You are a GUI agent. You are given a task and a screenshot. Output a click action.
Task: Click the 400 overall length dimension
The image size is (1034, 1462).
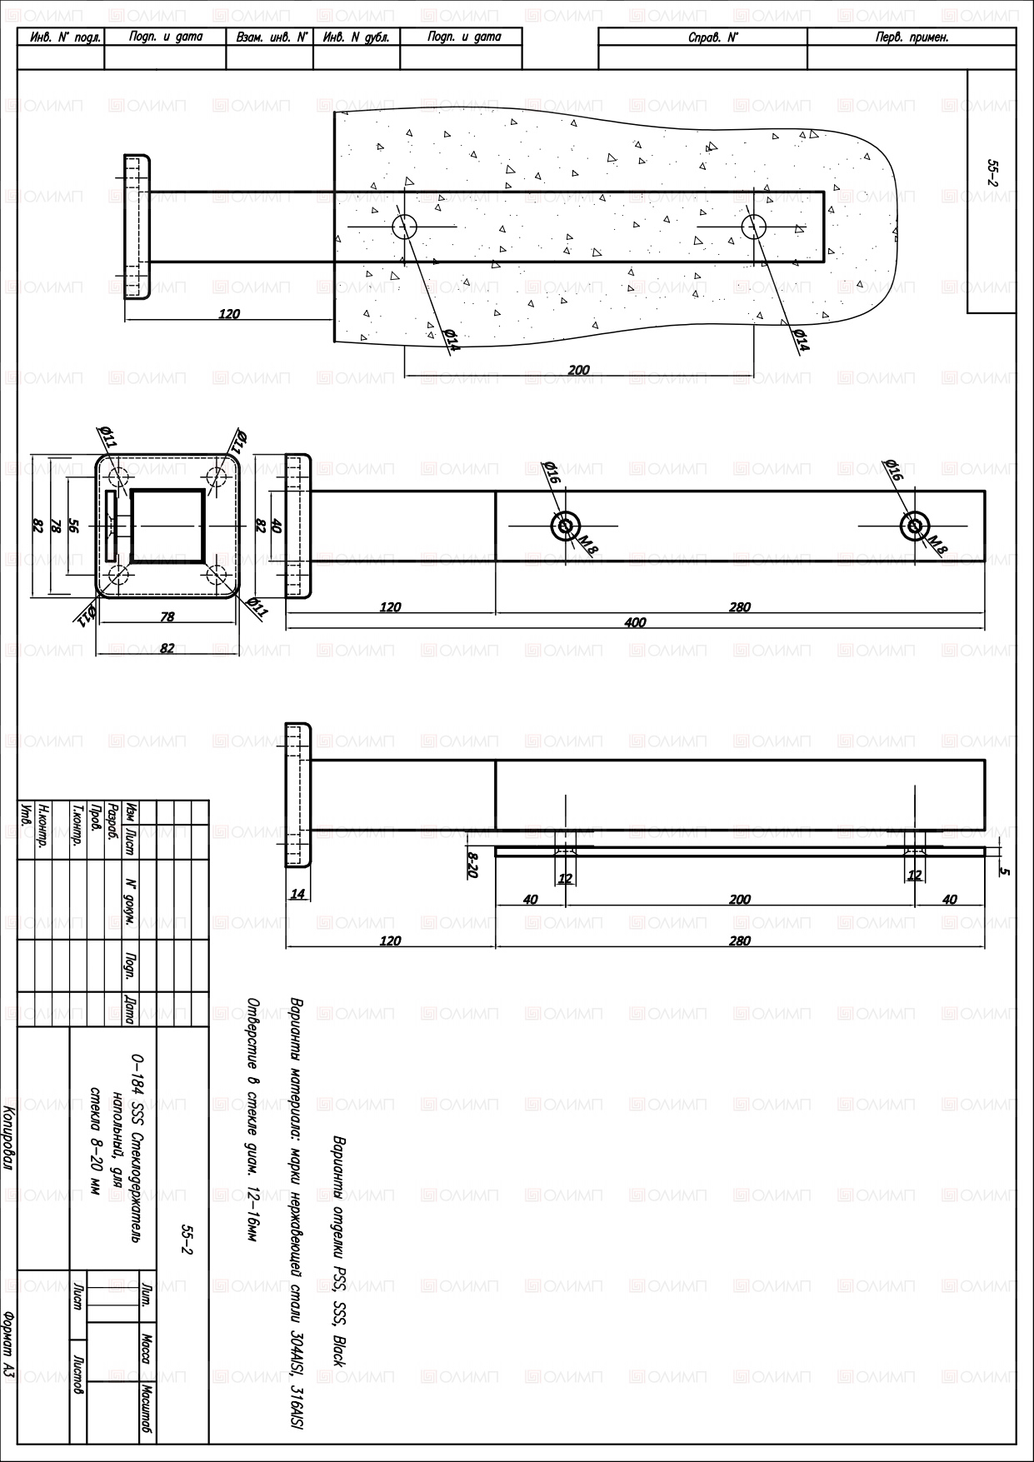click(635, 622)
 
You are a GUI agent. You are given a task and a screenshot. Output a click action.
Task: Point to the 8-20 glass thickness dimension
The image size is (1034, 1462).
click(472, 864)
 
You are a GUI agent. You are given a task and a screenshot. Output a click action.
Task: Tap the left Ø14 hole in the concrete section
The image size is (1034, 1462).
click(405, 226)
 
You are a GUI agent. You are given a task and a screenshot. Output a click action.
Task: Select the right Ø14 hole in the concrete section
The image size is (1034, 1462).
click(754, 226)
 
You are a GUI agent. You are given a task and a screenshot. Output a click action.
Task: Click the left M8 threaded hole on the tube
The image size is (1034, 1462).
click(566, 526)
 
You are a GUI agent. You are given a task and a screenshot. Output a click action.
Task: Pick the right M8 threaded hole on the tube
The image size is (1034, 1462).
click(915, 526)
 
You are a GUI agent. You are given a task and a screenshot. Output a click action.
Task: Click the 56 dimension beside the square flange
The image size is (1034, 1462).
click(73, 526)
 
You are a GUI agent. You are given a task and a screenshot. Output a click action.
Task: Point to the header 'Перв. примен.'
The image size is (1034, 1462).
click(912, 37)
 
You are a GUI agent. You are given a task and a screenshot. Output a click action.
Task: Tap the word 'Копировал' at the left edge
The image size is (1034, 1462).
click(9, 1138)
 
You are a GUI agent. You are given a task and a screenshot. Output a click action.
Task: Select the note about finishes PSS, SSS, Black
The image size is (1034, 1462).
click(339, 1250)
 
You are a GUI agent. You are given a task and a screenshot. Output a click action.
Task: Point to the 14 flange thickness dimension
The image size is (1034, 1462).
click(297, 894)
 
